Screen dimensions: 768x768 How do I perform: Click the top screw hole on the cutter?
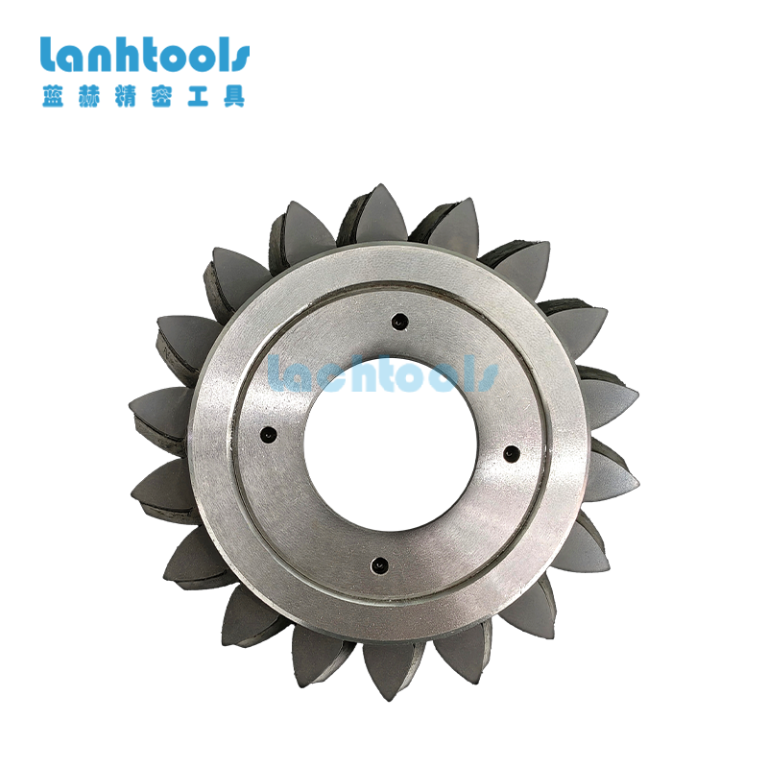pos(400,322)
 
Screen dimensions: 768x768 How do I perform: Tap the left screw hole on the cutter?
pos(268,434)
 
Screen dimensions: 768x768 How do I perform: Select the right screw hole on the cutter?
pos(511,453)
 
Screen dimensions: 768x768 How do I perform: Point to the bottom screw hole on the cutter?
pos(379,564)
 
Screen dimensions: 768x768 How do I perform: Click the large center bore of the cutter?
pos(391,444)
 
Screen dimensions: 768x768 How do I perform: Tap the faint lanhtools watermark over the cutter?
pos(383,373)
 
